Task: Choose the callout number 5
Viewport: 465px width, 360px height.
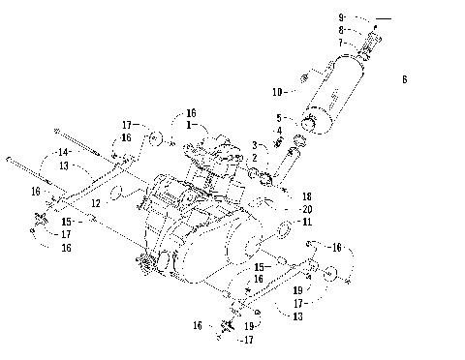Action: tap(279, 117)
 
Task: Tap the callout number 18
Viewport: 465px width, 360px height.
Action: tap(306, 195)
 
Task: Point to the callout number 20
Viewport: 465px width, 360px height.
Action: tap(306, 209)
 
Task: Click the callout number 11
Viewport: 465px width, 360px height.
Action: tap(306, 223)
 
